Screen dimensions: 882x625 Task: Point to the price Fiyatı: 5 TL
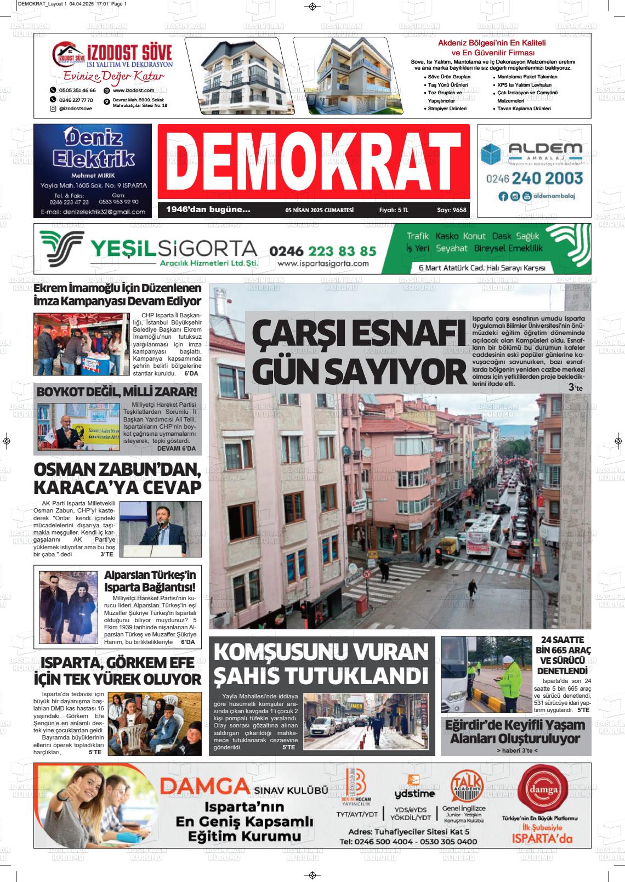[x=394, y=210]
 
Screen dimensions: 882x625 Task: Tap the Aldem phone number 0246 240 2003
[x=535, y=178]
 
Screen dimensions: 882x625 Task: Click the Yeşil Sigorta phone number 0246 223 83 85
[x=322, y=251]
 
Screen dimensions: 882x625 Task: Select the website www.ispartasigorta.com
[x=323, y=264]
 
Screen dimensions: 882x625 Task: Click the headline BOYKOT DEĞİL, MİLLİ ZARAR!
[x=117, y=392]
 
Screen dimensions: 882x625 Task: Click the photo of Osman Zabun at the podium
[x=160, y=529]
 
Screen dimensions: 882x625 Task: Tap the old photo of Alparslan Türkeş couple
[x=68, y=607]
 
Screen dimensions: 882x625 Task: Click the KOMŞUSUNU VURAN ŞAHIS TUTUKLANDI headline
[x=321, y=663]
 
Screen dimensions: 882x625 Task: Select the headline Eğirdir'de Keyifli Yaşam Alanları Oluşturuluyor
[x=515, y=731]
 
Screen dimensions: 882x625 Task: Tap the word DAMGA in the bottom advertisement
[x=203, y=787]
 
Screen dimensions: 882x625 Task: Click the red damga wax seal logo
[x=541, y=789]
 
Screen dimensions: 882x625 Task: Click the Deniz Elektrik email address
[x=92, y=212]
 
